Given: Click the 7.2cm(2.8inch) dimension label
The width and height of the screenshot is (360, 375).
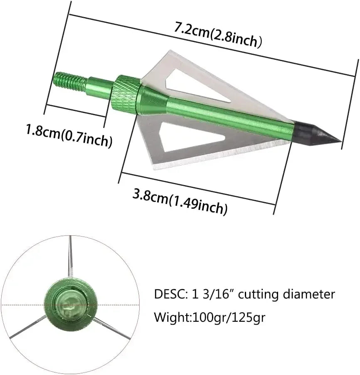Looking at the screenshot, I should point(218,36).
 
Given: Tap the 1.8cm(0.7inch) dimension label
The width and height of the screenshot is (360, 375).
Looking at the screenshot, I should point(69,135).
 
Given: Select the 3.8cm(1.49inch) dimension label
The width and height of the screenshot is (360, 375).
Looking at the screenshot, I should point(180,201).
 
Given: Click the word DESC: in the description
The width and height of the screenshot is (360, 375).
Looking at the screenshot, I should point(171,295).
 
